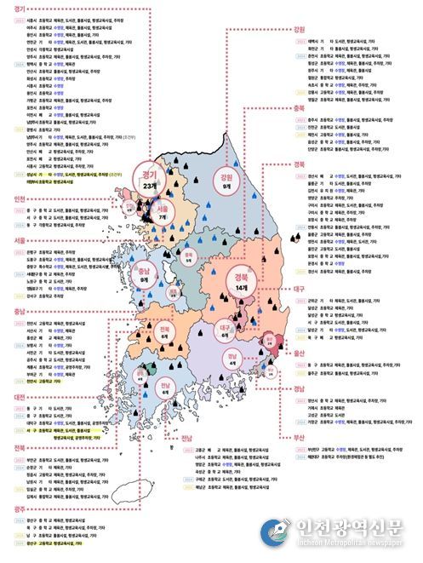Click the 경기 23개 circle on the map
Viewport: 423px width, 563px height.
[x=150, y=180]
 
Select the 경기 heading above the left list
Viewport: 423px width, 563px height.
[x=13, y=5]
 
